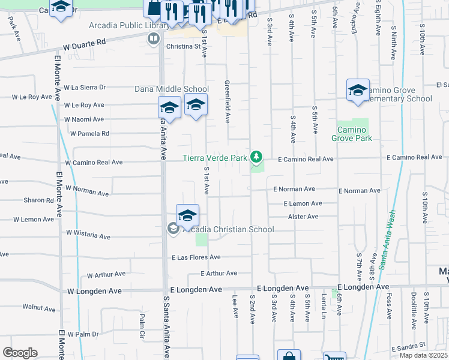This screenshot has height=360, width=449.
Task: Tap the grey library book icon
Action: [x=154, y=39]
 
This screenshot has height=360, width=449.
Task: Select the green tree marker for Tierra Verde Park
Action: [x=257, y=157]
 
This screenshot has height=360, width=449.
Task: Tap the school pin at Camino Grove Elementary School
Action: [x=358, y=91]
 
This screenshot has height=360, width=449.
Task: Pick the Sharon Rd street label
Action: [x=38, y=200]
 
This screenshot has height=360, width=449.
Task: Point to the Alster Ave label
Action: [x=303, y=217]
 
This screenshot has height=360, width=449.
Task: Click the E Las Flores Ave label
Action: [x=196, y=257]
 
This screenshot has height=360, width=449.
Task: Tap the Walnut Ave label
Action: [x=39, y=308]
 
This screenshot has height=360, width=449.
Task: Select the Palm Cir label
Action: [x=142, y=325]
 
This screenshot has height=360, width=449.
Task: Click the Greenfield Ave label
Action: [x=227, y=102]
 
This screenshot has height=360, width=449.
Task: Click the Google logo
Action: [x=20, y=353]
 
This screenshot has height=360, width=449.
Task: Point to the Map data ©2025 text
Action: [x=423, y=355]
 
